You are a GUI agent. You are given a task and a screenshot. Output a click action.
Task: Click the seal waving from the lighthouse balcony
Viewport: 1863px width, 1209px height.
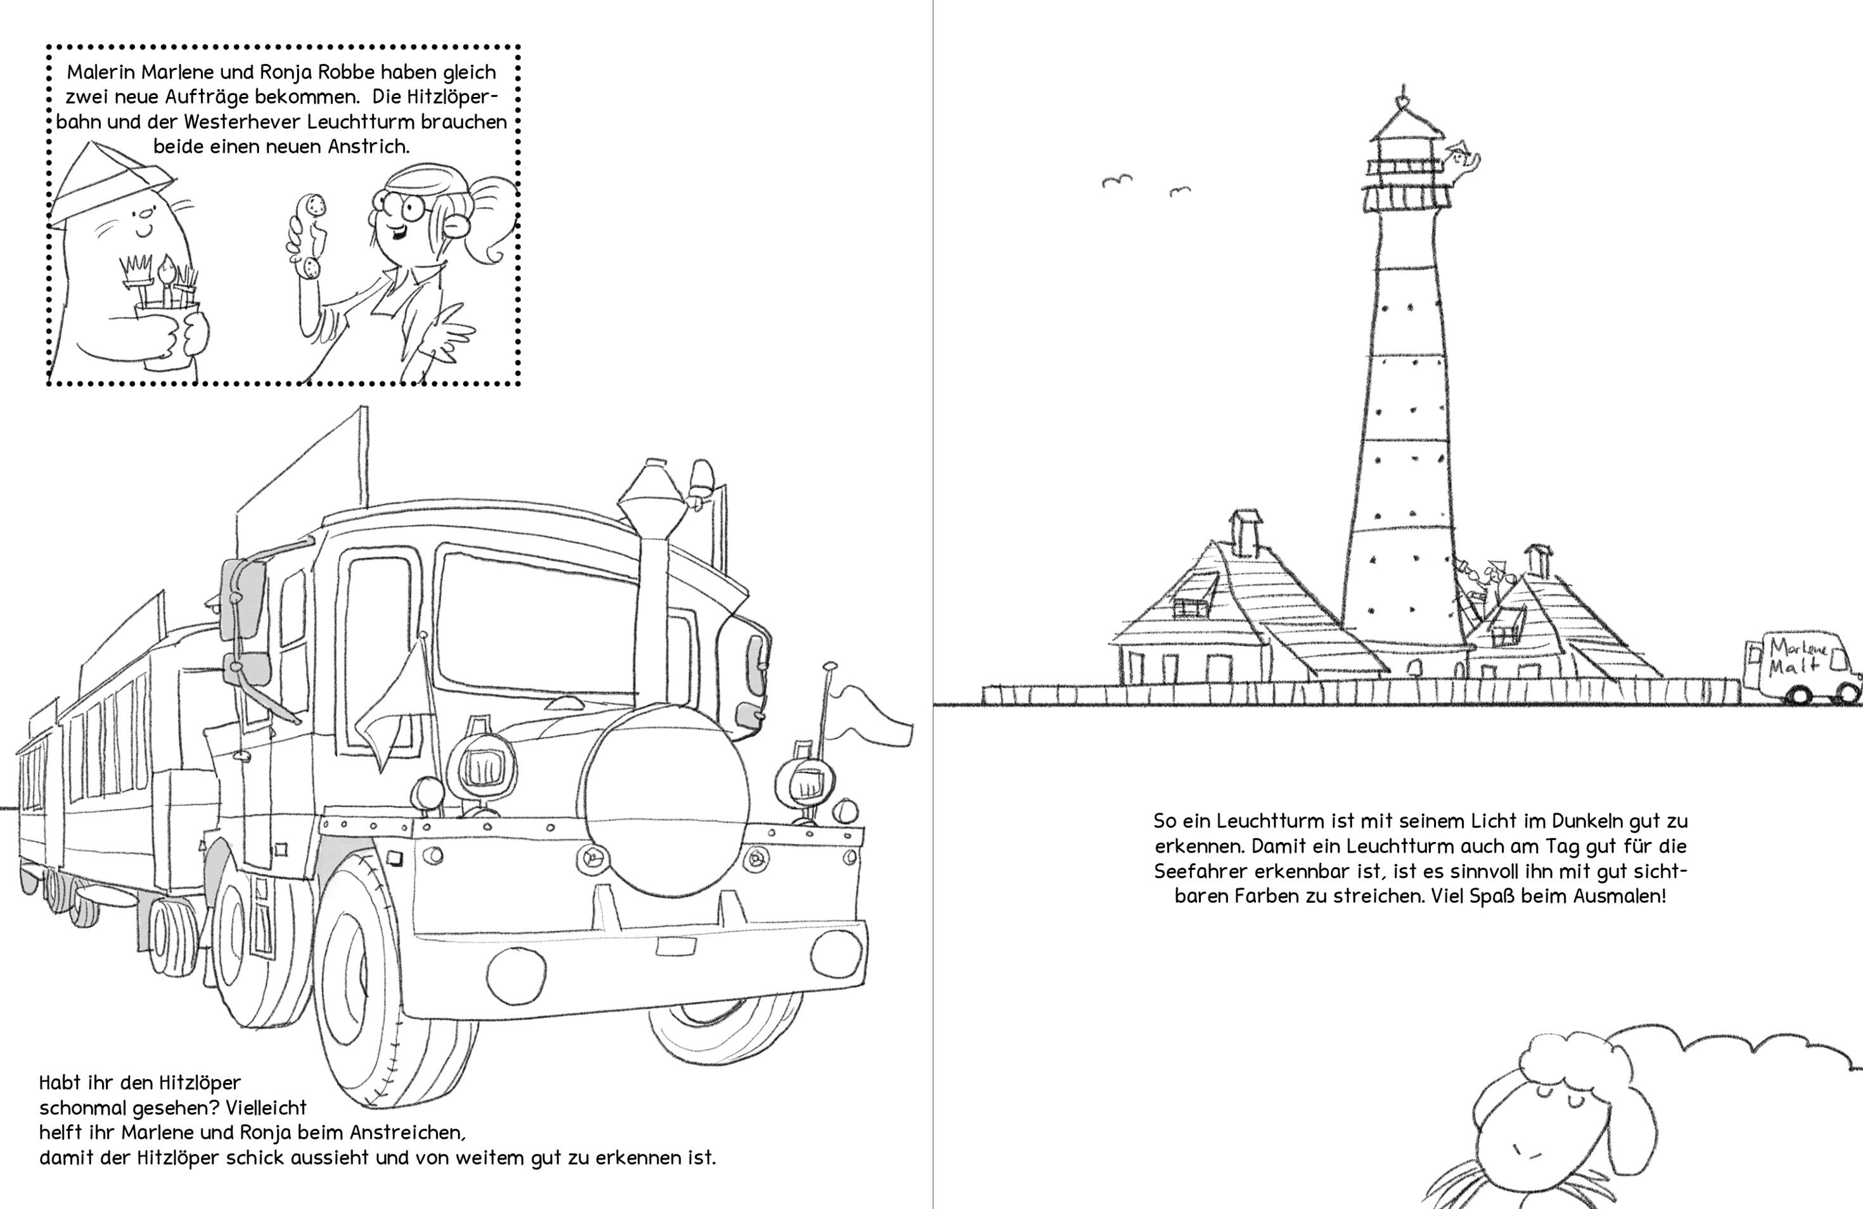pyautogui.click(x=1461, y=164)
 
